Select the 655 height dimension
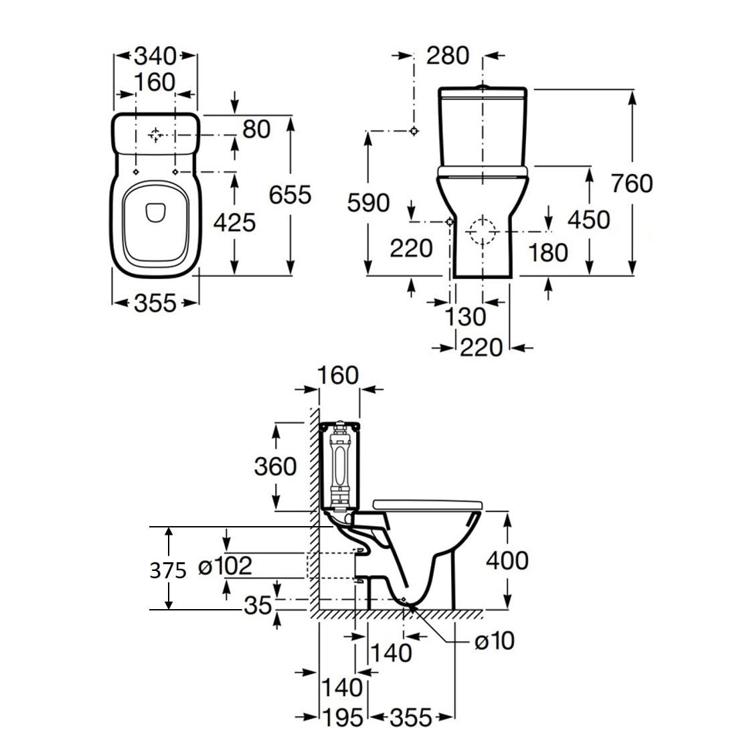290,195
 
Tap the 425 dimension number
234,222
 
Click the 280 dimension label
447,56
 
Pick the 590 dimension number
368,203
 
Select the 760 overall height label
631,183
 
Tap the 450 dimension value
588,220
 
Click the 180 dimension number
548,252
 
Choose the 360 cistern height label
275,466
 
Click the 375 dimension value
167,570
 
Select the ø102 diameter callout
226,567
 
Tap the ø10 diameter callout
494,641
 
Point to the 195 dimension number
341,718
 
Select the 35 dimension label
258,605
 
